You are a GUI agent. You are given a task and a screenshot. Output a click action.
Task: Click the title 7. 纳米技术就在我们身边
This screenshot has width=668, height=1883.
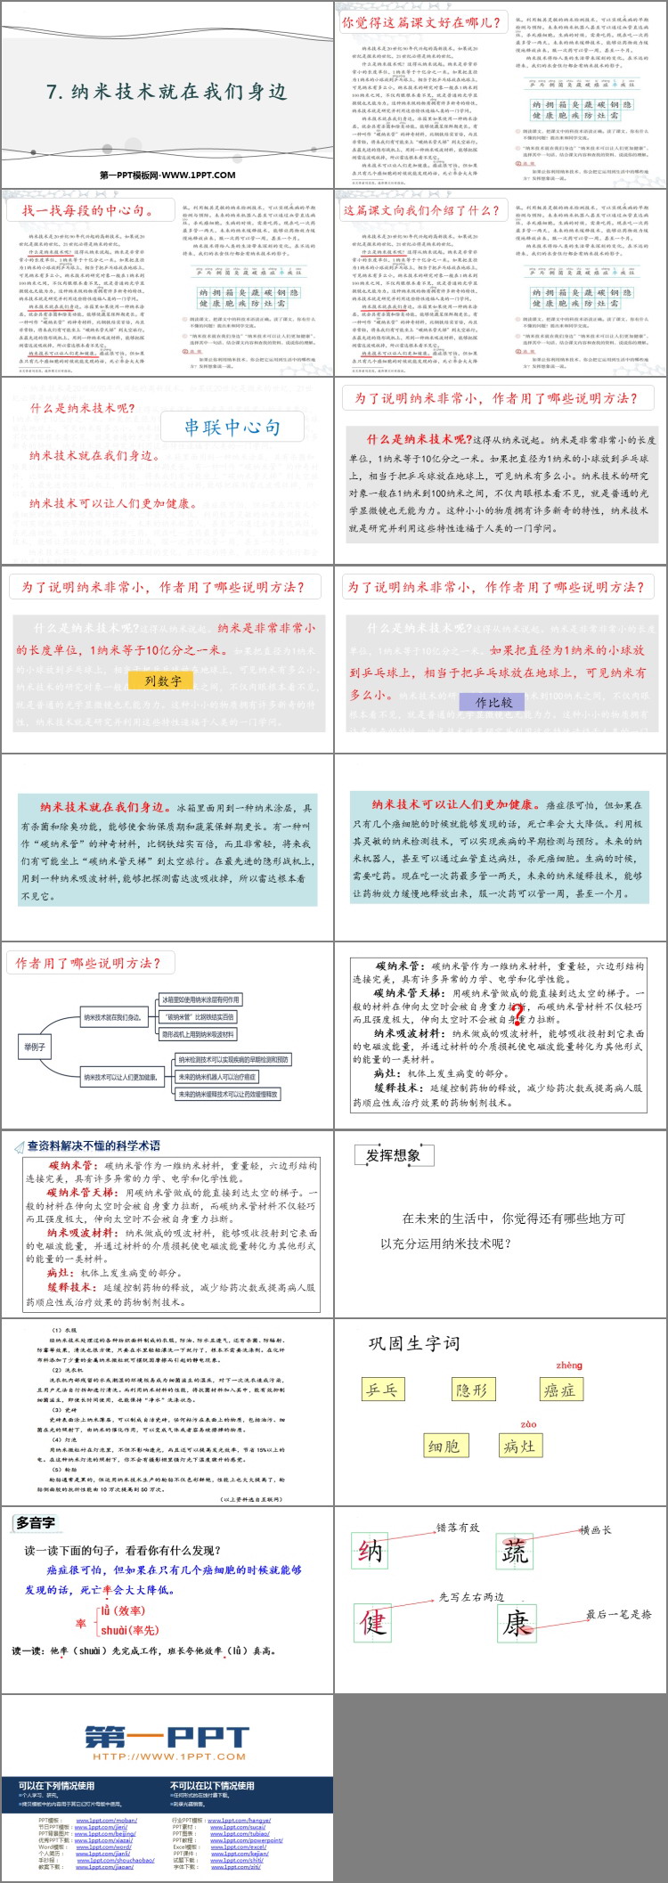click(x=167, y=92)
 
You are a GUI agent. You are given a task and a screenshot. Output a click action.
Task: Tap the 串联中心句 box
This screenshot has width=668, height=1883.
click(x=232, y=428)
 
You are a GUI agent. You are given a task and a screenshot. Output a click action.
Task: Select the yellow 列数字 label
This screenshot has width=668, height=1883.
click(x=162, y=681)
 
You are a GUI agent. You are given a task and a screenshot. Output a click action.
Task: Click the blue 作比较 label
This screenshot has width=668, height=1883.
click(x=493, y=702)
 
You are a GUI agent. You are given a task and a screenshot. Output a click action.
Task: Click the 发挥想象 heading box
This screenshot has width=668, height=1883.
click(x=393, y=1156)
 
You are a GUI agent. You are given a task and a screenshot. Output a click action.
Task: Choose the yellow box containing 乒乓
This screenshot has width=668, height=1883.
click(x=384, y=1390)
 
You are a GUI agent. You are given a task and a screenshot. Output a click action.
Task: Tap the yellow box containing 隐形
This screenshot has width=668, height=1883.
click(x=471, y=1390)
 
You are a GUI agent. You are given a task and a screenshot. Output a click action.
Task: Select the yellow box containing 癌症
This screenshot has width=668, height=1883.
click(x=559, y=1390)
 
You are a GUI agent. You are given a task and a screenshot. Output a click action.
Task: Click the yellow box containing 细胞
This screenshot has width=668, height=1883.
click(x=444, y=1446)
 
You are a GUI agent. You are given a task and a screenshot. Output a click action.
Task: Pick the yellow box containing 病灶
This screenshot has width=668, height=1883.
click(x=519, y=1446)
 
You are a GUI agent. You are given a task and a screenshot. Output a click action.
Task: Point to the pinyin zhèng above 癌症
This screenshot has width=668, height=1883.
click(x=568, y=1365)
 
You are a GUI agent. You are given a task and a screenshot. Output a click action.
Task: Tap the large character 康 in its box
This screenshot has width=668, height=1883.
click(x=517, y=1623)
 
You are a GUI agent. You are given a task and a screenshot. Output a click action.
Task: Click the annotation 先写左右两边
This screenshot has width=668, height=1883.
click(x=471, y=1597)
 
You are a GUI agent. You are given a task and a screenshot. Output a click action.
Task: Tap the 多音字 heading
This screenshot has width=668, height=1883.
click(x=36, y=1523)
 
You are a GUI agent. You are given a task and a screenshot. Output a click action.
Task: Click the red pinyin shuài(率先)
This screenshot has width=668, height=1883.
click(x=129, y=1630)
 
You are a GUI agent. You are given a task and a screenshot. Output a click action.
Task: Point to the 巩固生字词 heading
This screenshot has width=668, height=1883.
click(x=414, y=1343)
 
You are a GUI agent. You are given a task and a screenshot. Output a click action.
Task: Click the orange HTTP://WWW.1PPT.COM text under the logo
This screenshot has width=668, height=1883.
click(x=168, y=1757)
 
